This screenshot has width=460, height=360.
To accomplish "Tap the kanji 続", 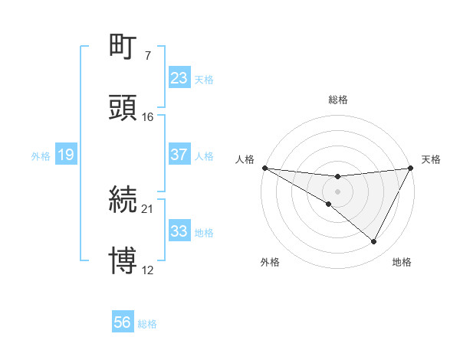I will point(123,200).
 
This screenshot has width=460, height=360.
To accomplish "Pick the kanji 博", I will point(123,260).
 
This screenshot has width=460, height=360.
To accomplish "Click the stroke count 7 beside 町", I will point(147,56).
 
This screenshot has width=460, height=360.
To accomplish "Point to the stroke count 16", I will point(147,116).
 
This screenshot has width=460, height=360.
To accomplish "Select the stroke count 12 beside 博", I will point(147,270).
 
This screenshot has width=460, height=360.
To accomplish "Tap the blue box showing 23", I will point(179,78).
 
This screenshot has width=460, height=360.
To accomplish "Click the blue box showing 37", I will point(179,155).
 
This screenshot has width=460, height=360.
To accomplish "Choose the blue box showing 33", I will point(179,231).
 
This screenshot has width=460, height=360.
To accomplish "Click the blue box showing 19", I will point(65,155).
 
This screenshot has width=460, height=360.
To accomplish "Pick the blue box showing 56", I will point(122,322).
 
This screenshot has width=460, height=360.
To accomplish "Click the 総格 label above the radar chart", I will point(338,100).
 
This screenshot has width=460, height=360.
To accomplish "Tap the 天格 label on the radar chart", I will point(431,159).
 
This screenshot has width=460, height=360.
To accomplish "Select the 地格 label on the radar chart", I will point(402,262).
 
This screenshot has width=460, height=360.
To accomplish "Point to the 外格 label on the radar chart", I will point(271,262).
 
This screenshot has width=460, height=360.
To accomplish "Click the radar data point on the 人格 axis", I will point(264,168).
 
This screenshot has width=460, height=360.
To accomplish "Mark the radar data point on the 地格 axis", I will point(374,242).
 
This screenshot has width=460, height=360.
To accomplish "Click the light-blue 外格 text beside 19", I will point(41,156).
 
